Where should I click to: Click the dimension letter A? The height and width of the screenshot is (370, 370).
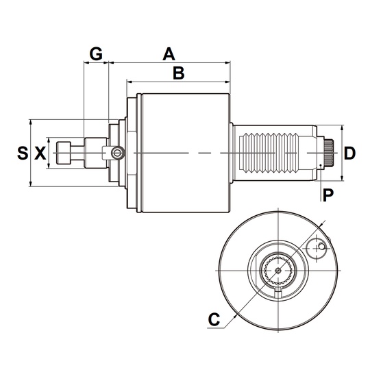pyautogui.click(x=168, y=53)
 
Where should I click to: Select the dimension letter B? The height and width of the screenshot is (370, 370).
pyautogui.click(x=178, y=73)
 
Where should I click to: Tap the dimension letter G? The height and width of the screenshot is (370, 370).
pyautogui.click(x=97, y=53)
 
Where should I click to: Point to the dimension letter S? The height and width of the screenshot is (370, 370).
pyautogui.click(x=21, y=153)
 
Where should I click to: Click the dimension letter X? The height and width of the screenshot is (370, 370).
pyautogui.click(x=40, y=153)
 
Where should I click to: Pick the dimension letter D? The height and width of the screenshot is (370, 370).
pyautogui.click(x=349, y=153)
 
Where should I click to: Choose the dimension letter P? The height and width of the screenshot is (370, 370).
pyautogui.click(x=328, y=195)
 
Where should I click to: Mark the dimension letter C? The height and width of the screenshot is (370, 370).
pyautogui.click(x=214, y=319)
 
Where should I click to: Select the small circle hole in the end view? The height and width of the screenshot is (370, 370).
pyautogui.click(x=315, y=249)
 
